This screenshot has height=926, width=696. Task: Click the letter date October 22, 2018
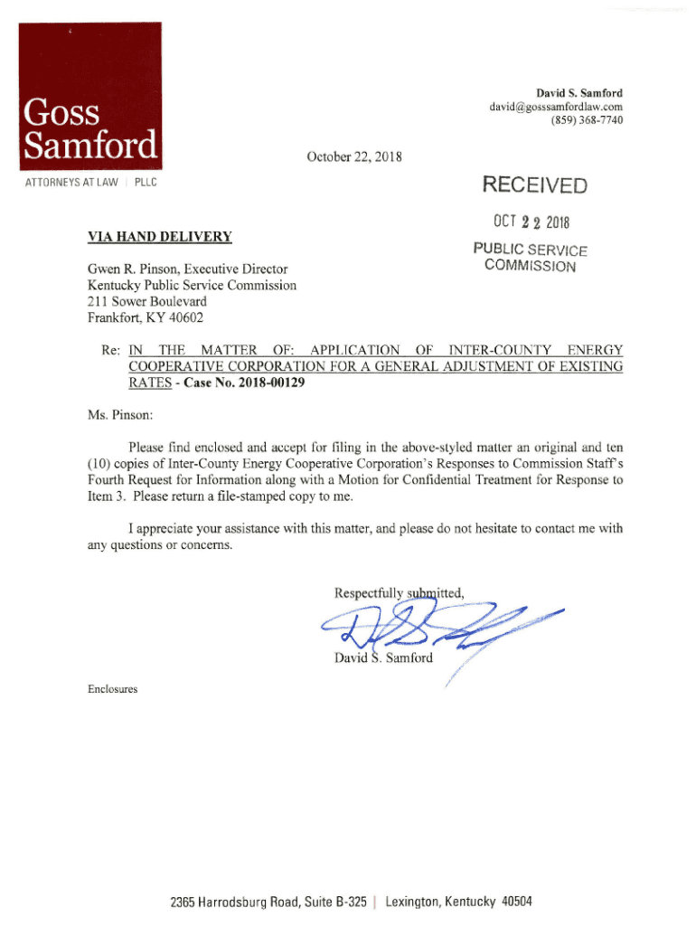pos(354,157)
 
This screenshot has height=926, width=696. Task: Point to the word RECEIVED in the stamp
pos(534,186)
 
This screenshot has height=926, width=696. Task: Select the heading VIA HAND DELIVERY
pos(159,237)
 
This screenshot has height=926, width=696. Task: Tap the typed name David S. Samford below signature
pos(384,657)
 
